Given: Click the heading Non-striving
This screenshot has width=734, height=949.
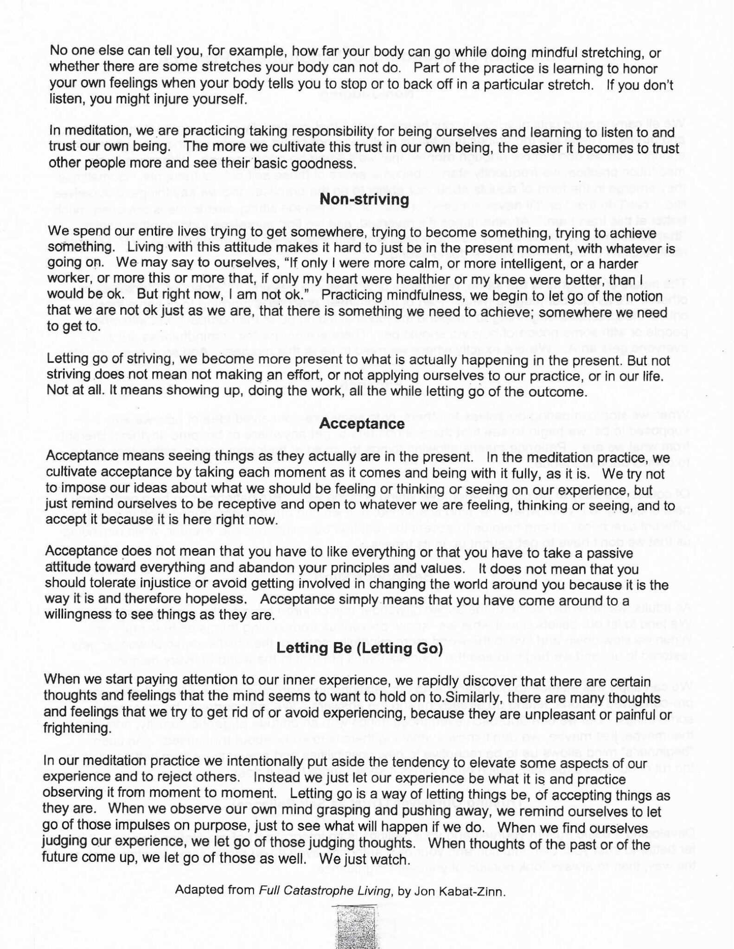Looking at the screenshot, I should tap(364, 199).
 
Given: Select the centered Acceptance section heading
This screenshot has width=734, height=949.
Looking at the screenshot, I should tap(362, 424).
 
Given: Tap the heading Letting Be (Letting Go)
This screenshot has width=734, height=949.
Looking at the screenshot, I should tap(359, 649).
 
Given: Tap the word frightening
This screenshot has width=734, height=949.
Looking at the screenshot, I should tap(77, 728).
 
